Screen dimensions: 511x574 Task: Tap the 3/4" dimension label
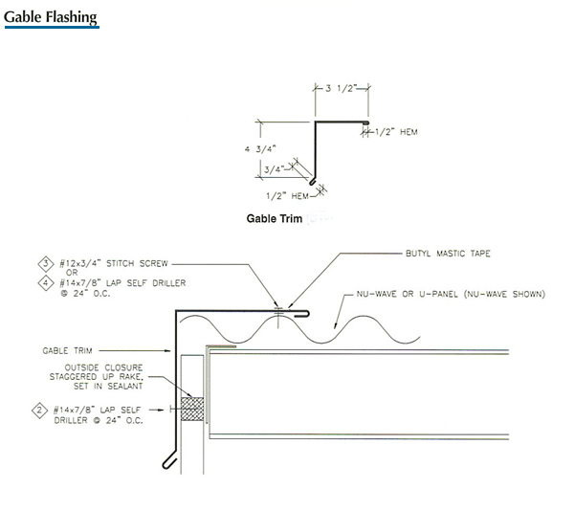pos(274,169)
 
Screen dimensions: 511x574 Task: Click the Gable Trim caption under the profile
pos(275,219)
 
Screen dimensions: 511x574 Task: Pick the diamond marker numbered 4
pos(46,282)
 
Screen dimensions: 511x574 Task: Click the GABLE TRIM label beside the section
pos(67,350)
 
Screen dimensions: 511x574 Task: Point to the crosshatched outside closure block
pos(194,409)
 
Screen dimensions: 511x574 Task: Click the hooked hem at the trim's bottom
pos(167,462)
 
